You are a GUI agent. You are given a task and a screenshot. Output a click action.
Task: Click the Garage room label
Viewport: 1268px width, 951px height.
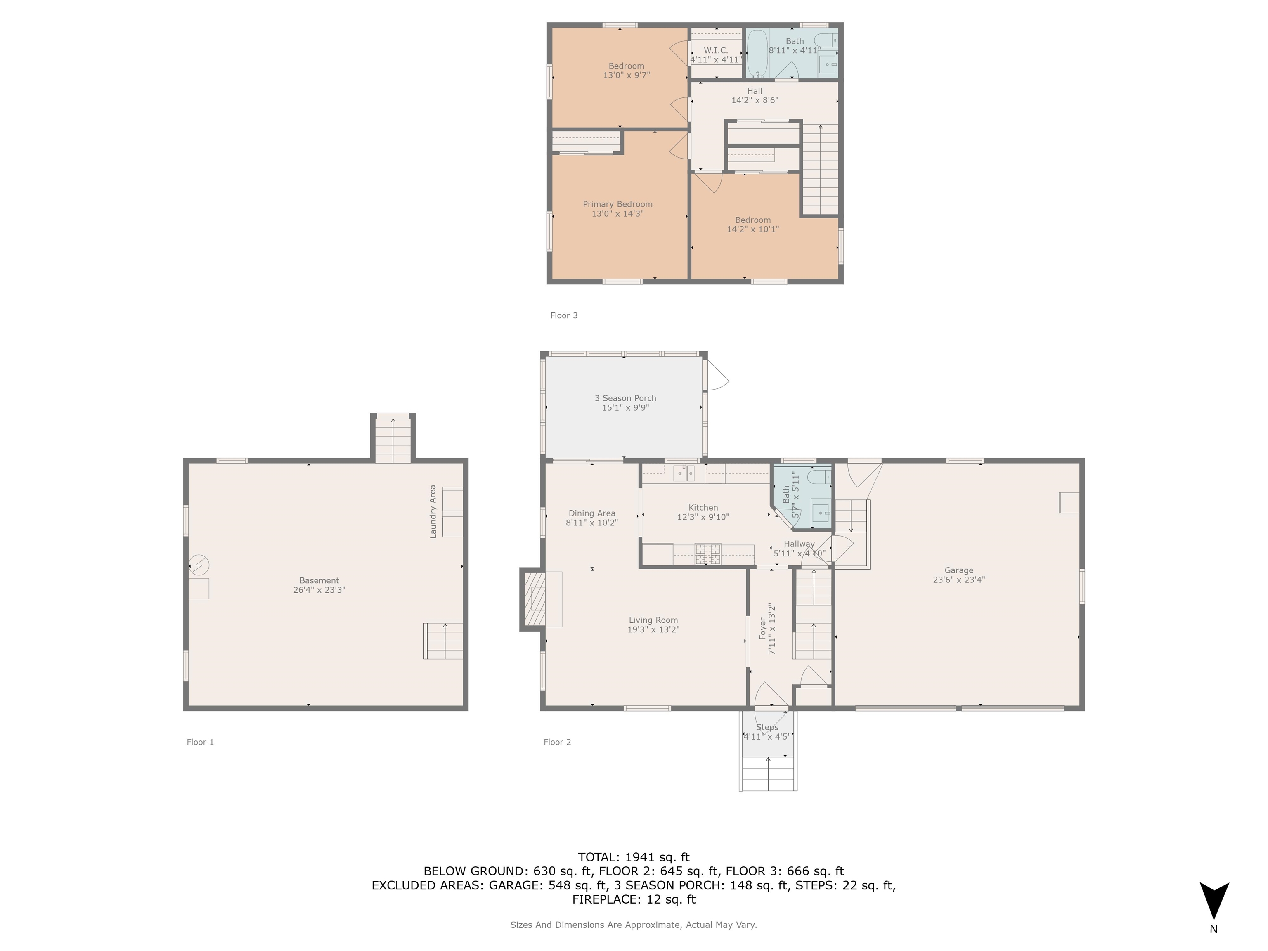(958, 570)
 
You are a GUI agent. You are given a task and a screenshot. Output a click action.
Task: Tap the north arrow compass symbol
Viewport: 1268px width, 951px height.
(1214, 900)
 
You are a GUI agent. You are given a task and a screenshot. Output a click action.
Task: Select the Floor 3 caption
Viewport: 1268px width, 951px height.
(563, 315)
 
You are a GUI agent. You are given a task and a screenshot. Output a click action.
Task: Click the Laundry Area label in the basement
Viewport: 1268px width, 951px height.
(433, 511)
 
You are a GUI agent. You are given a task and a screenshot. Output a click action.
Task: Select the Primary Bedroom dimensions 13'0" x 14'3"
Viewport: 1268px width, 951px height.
(617, 214)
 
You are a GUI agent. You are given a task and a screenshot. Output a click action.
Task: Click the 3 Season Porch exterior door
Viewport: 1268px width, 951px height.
(717, 376)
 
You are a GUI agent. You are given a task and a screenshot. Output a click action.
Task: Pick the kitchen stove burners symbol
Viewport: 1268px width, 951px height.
(708, 553)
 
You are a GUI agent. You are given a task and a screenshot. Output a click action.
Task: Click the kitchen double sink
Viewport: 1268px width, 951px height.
(683, 473)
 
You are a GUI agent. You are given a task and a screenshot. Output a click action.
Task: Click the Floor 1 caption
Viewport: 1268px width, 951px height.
(200, 742)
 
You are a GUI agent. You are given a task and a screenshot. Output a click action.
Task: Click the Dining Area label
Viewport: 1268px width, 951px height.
(591, 513)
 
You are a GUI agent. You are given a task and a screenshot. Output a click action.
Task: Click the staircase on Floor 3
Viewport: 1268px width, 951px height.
(820, 169)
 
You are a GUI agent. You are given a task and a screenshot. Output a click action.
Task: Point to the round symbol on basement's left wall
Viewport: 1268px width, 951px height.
(199, 565)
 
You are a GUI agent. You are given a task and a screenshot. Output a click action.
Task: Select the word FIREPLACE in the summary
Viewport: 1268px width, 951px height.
(604, 899)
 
